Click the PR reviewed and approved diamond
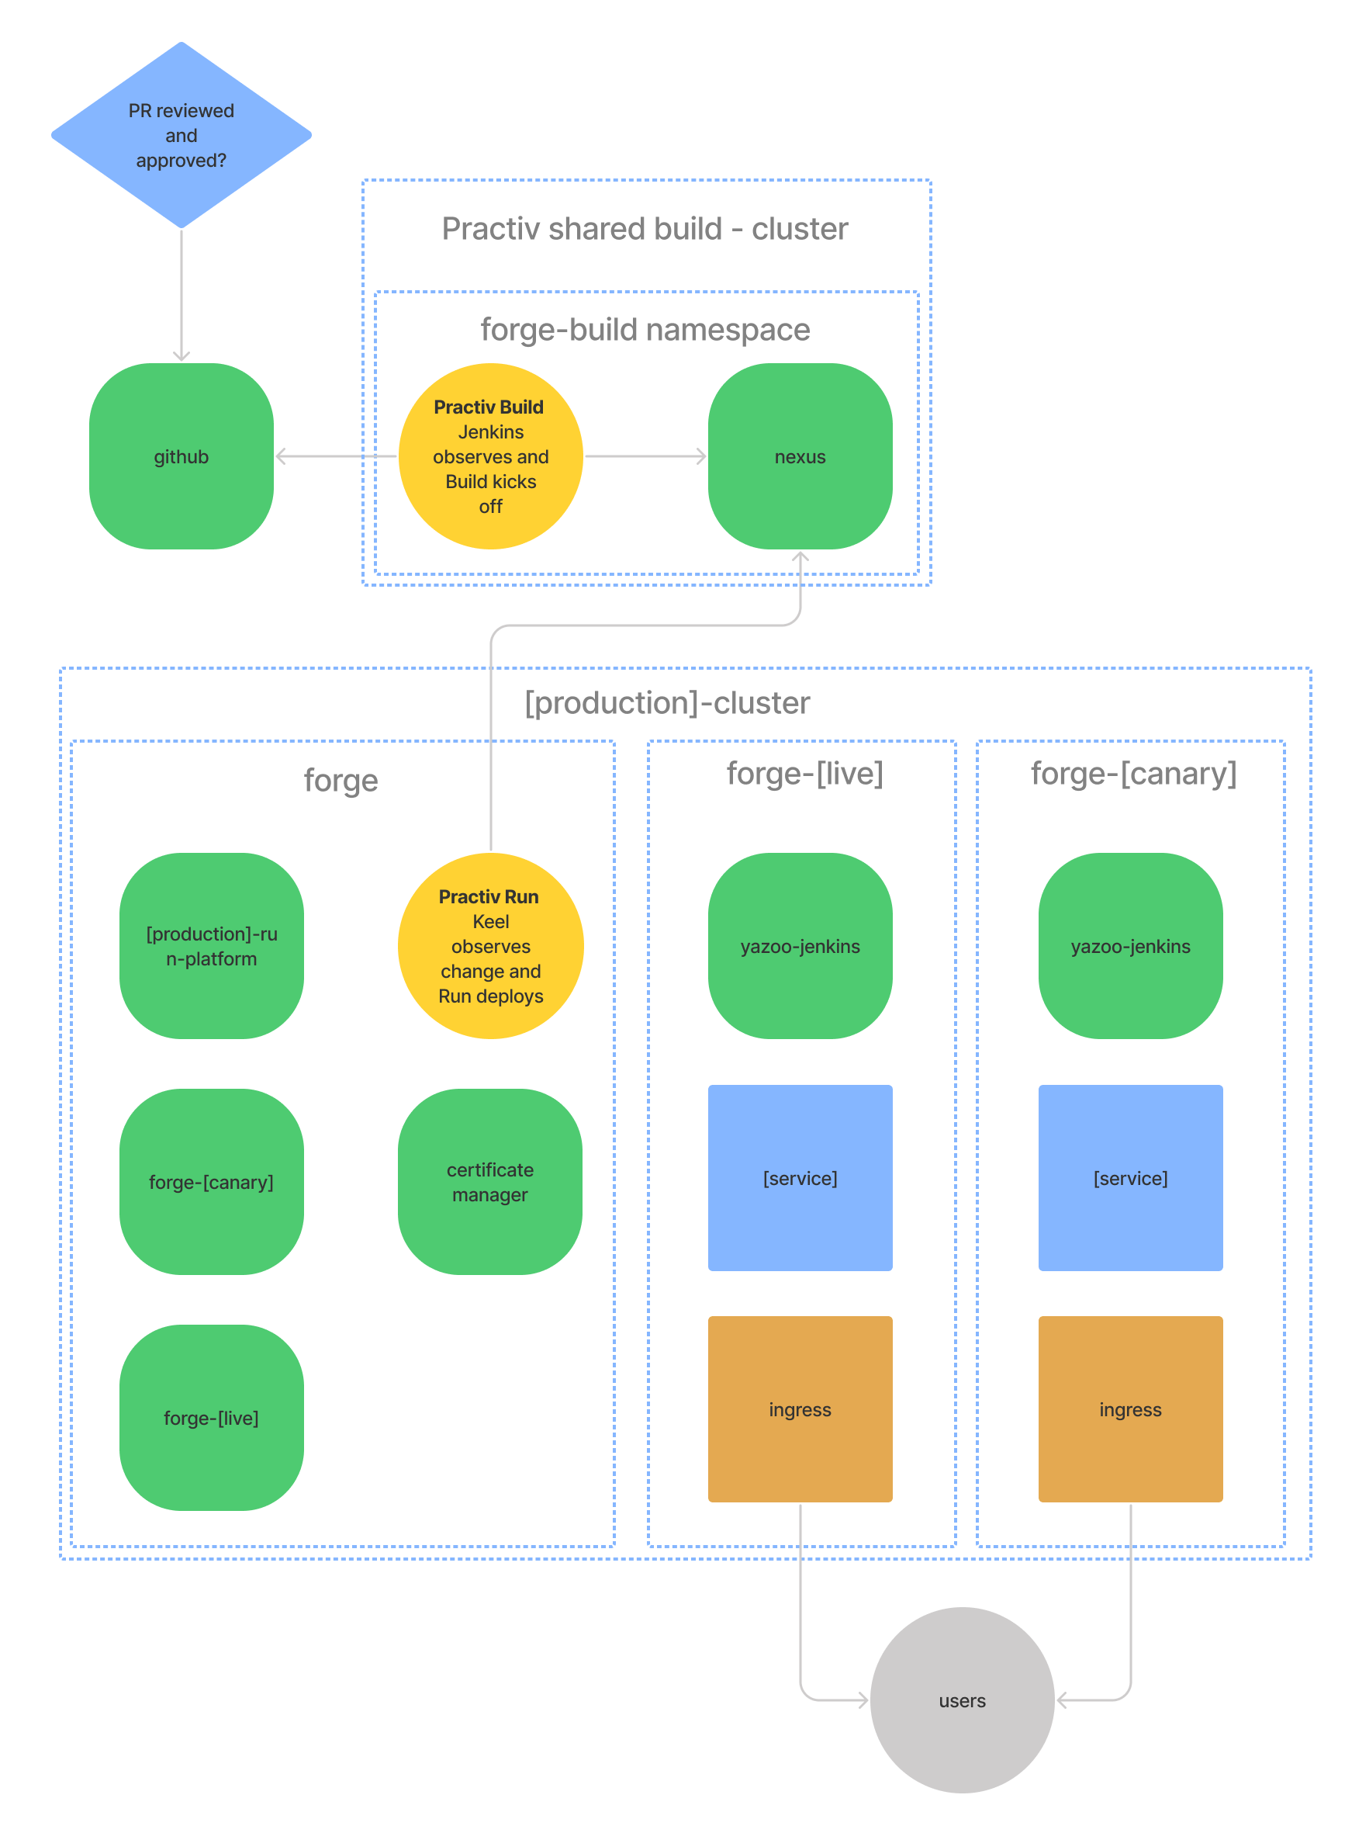pos(181,135)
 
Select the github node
pos(181,456)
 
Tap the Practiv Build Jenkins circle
pos(490,456)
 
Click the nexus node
pos(800,456)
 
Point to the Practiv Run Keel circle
pos(490,945)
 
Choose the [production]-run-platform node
pos(212,945)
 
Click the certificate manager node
pos(490,1181)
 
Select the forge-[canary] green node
pos(212,1181)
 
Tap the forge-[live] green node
pos(212,1417)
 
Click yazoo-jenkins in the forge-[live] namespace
pos(800,945)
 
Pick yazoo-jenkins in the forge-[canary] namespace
pos(1130,945)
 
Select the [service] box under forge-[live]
pos(800,1178)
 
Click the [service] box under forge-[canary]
pos(1130,1178)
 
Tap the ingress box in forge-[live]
pos(800,1409)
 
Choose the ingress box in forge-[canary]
pos(1130,1409)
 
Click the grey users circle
pos(962,1700)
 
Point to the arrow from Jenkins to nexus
pos(645,456)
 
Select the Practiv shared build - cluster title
pos(645,229)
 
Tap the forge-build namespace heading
pos(645,330)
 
